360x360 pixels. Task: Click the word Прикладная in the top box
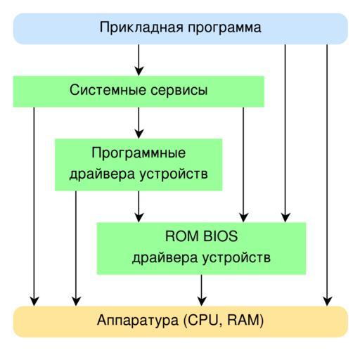141,27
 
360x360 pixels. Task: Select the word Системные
108,90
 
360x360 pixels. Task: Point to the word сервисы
179,91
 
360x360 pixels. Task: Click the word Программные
139,153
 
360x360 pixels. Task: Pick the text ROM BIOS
201,236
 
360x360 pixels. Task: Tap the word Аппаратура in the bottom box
138,321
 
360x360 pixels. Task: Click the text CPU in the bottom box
203,320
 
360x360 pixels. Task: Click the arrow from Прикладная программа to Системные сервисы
139,60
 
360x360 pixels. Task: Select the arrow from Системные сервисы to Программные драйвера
139,123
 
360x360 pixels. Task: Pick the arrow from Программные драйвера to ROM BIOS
139,207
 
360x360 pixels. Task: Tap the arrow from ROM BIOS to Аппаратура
202,290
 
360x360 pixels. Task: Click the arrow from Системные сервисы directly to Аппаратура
34,207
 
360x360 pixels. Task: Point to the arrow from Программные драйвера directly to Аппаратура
76,248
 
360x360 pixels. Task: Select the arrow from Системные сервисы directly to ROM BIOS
243,165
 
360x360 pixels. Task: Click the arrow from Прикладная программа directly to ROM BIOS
285,134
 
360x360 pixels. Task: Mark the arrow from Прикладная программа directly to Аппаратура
327,175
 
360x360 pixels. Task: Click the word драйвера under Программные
102,174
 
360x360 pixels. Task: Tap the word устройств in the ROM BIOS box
236,258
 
